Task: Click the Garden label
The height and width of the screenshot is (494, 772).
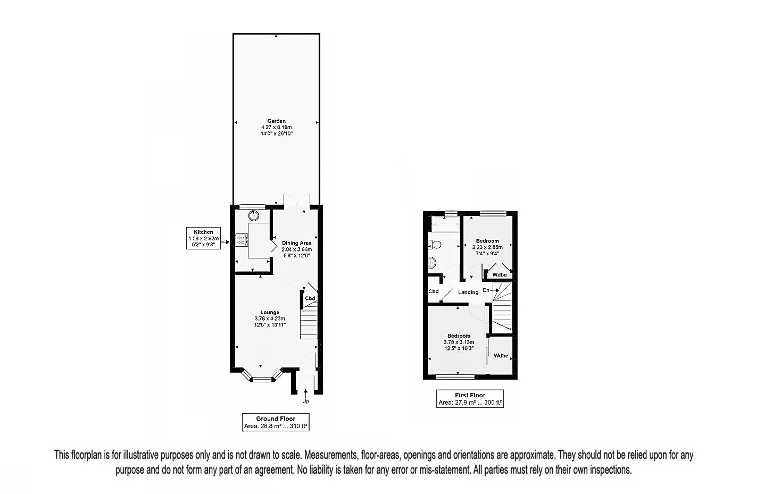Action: point(276,121)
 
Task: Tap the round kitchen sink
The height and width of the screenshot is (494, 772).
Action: point(254,215)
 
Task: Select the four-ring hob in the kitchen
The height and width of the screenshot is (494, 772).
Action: point(240,240)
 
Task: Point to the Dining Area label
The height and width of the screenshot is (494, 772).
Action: point(296,243)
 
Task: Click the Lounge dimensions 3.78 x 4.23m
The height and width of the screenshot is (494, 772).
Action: point(270,319)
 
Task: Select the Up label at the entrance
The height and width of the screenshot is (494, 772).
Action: point(305,401)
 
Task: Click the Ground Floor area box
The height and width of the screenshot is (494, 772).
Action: point(276,422)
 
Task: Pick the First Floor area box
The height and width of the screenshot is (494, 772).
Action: point(470,399)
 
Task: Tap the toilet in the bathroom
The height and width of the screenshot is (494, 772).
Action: point(435,244)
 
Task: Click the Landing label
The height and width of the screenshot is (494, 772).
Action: point(468,292)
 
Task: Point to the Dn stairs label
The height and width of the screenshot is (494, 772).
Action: point(486,290)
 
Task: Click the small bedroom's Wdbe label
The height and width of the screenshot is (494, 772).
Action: point(500,274)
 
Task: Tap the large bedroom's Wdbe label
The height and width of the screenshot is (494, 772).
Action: point(501,356)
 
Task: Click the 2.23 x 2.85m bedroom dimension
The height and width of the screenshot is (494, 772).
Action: point(487,247)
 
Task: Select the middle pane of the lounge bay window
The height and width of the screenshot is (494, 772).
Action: point(261,379)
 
